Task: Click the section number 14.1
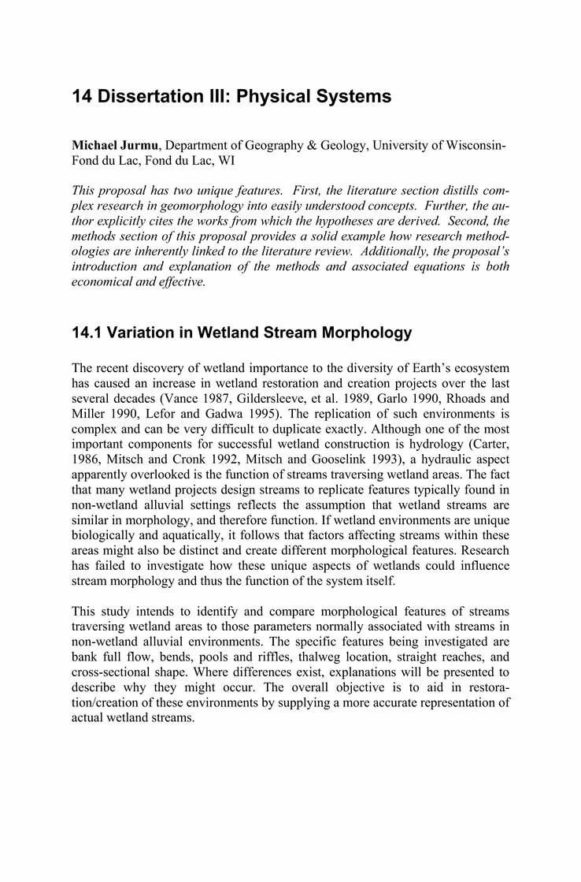90,333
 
